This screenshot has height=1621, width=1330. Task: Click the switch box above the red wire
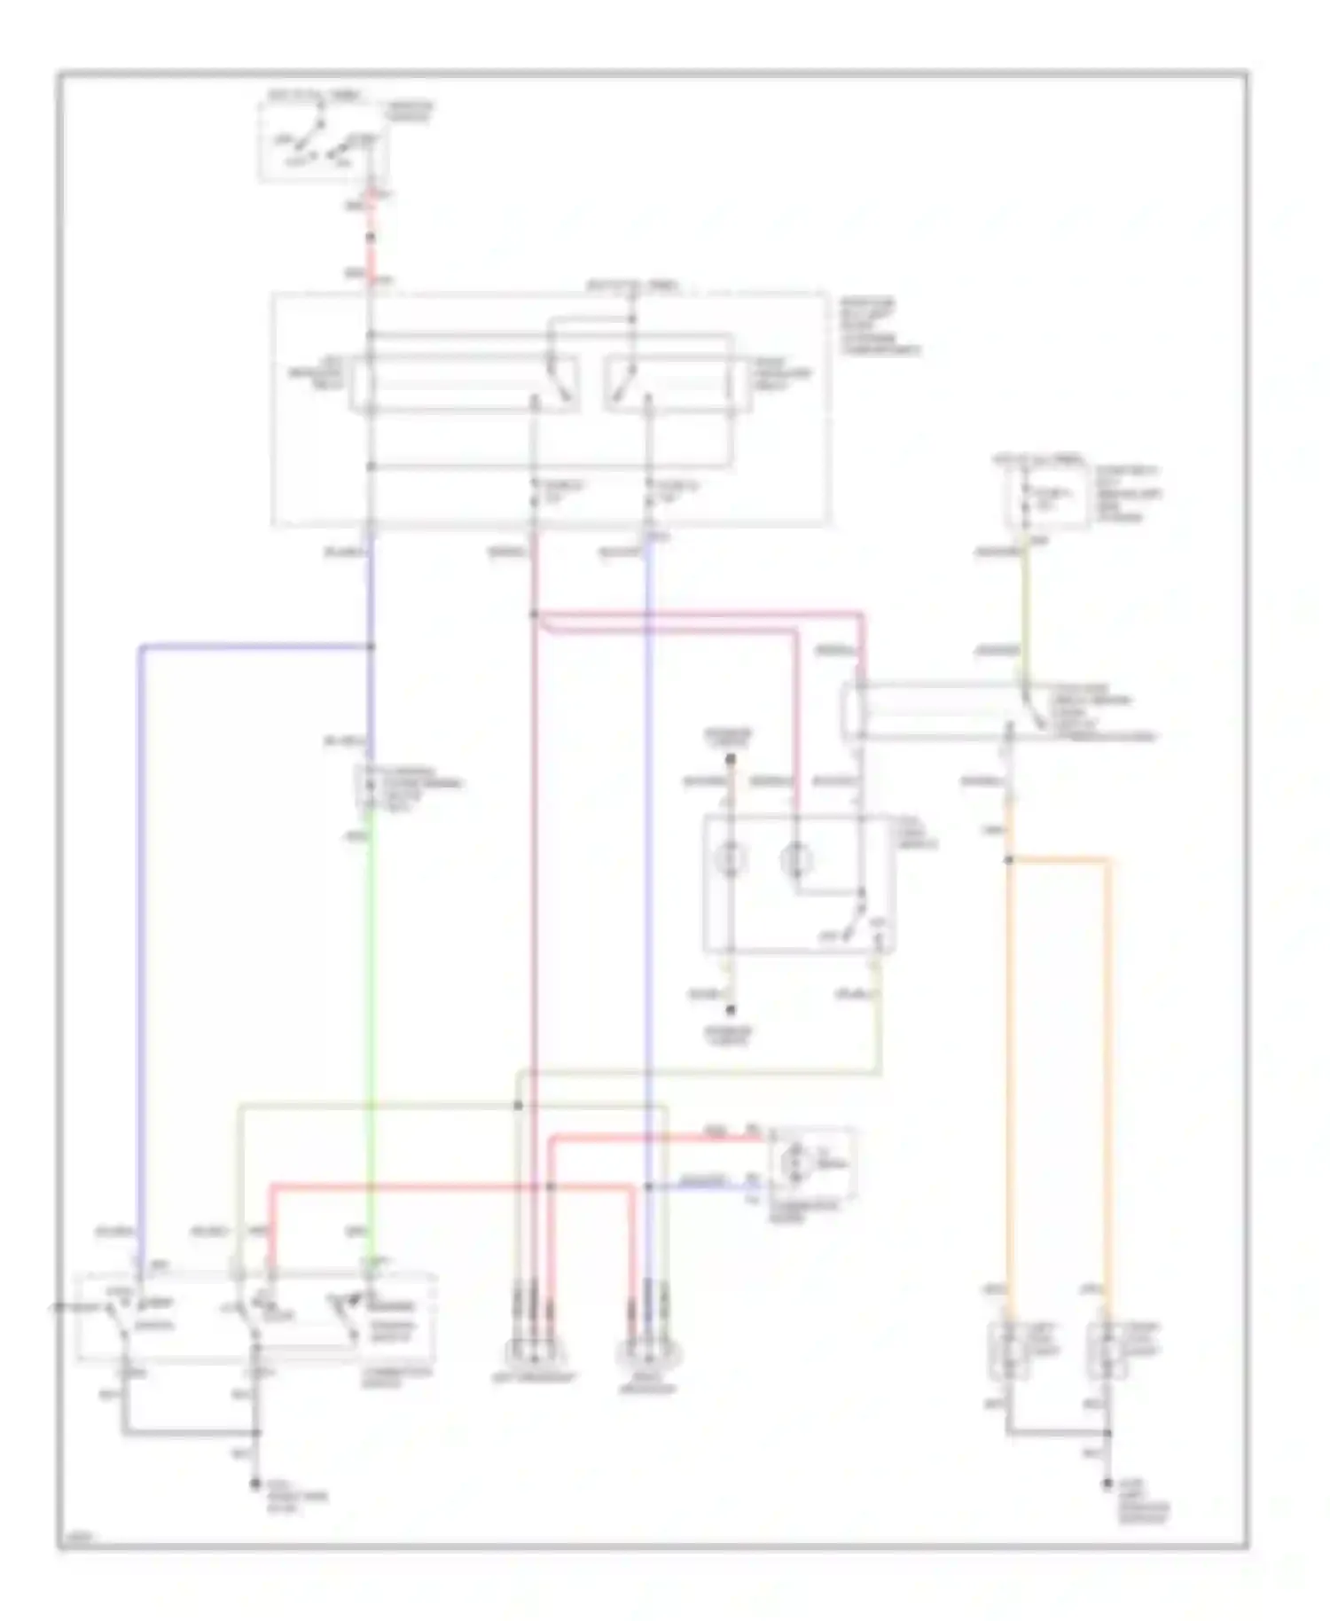pos(323,142)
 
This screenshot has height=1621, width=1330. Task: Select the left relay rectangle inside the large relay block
pos(465,383)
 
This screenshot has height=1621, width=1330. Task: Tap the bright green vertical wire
pos(371,1020)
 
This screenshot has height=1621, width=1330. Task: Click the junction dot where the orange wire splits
pos(1009,859)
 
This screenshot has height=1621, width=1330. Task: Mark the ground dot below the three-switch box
pos(256,1483)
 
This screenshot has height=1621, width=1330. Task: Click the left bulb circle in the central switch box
pos(731,858)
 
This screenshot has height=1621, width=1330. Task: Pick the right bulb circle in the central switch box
pos(796,858)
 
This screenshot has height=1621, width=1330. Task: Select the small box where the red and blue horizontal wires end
pos(812,1163)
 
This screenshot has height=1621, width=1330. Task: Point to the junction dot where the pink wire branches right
pos(535,614)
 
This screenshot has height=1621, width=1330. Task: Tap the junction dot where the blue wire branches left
pos(371,646)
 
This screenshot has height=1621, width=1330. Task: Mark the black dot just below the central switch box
pos(731,1010)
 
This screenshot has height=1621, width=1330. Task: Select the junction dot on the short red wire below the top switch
pos(371,238)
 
